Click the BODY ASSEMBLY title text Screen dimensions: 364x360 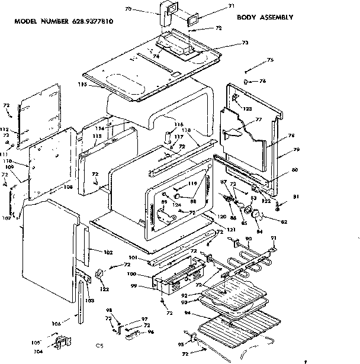point(265,17)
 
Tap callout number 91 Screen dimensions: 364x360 point(274,238)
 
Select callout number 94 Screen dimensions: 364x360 point(187,313)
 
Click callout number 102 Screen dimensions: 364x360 point(108,253)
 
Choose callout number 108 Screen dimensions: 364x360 point(69,186)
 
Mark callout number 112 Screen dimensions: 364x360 point(4,129)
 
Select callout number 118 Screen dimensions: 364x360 point(187,130)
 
